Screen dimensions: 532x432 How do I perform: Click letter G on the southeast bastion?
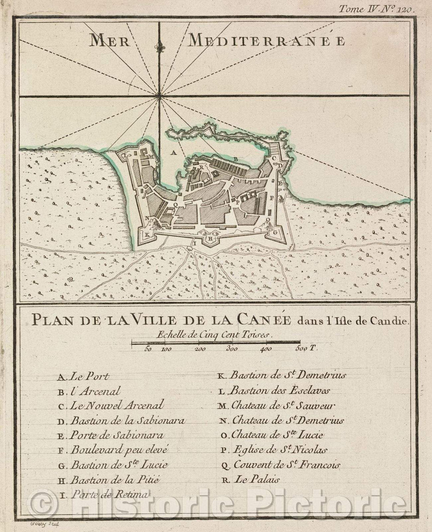[275, 232]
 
